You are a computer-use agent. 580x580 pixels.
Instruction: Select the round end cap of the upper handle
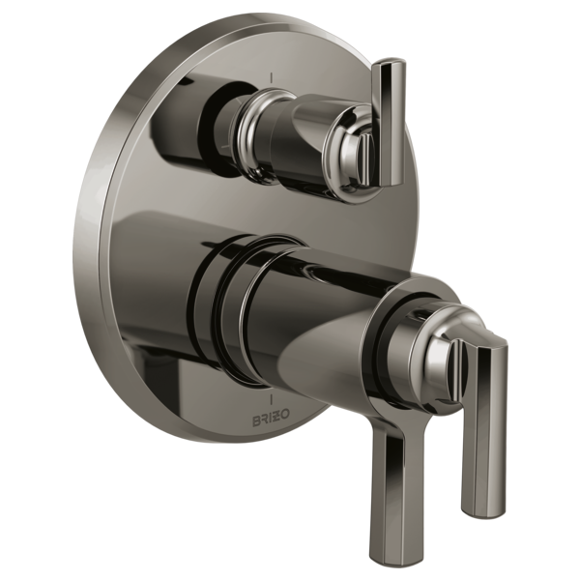357,145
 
